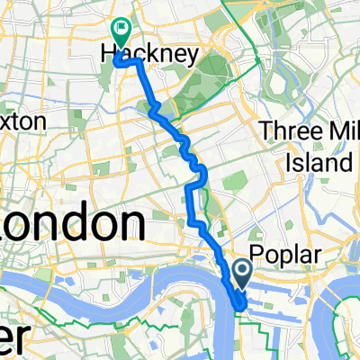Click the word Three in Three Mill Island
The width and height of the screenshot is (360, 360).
pos(290,131)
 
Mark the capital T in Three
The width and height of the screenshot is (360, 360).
pos(266,131)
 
